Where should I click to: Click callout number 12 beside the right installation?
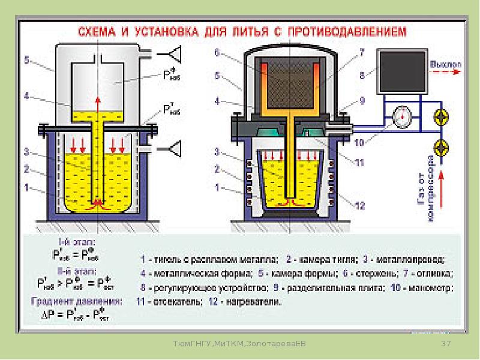click(360, 206)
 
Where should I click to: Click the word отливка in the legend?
click(434, 274)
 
